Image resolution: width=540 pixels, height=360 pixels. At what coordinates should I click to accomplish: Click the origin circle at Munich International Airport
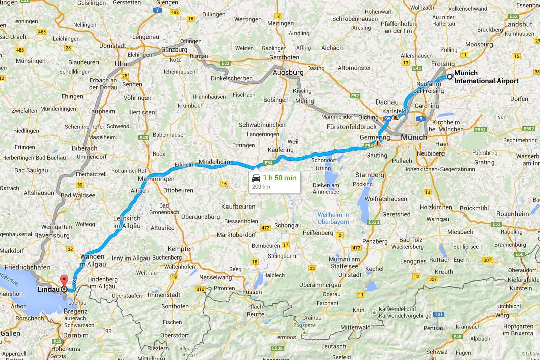[x=449, y=77]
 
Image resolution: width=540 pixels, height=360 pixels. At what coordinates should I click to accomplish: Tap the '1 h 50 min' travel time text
[x=280, y=178]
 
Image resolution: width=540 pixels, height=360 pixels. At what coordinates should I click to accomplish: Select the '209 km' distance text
[x=261, y=186]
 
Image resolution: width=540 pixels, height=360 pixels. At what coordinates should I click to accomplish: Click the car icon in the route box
[x=256, y=178]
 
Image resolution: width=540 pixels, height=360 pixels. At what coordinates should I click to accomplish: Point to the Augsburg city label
[x=287, y=73]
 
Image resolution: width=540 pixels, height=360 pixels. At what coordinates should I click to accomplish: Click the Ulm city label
[x=121, y=64]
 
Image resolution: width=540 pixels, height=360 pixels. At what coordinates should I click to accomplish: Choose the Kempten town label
[x=181, y=249]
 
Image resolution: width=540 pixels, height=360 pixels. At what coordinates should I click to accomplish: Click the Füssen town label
[x=252, y=292]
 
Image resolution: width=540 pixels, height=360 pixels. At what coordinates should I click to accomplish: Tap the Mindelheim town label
[x=214, y=161]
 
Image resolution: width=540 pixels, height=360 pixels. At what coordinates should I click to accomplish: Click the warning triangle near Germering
[x=378, y=143]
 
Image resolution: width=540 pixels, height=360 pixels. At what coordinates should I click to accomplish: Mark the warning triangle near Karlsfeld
[x=396, y=117]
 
